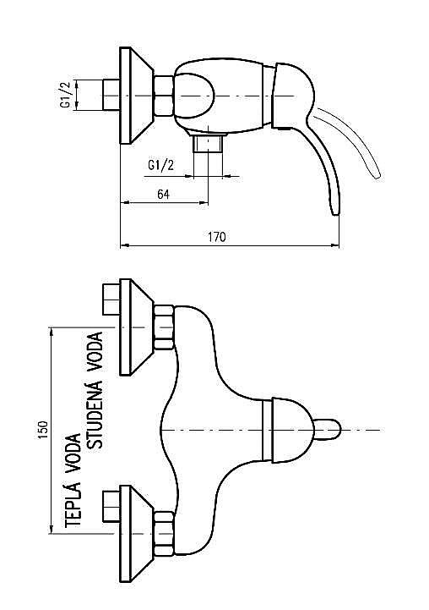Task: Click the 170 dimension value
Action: [x=217, y=237]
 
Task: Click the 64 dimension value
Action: [x=164, y=194]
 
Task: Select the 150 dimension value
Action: [x=42, y=431]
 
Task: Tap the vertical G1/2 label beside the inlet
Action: [x=66, y=95]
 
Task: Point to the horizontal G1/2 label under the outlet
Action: [x=160, y=165]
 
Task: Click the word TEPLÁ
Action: [x=73, y=503]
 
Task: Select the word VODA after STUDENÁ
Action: [x=96, y=352]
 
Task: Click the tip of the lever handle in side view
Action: [x=335, y=213]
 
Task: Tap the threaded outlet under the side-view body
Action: [x=209, y=143]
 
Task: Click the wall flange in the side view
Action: [x=137, y=96]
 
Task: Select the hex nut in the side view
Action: [x=164, y=96]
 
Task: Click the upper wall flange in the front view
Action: [x=137, y=327]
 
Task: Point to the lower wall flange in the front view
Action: [x=137, y=534]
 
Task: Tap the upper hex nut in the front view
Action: [x=164, y=327]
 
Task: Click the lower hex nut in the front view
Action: [x=164, y=534]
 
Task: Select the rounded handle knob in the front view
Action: [x=328, y=430]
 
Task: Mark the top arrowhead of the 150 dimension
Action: [x=51, y=332]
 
